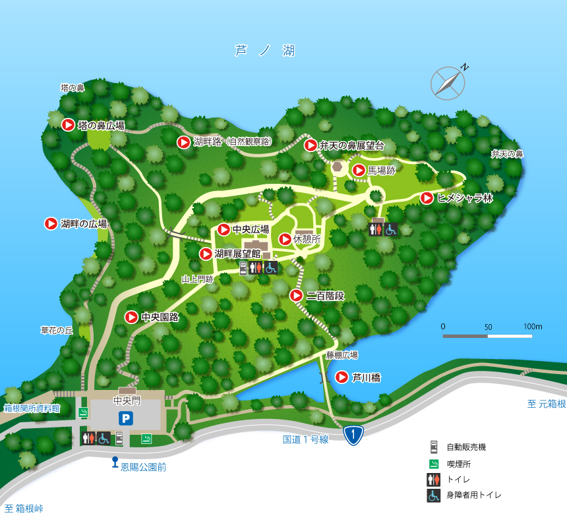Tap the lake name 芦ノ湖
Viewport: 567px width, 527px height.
coord(264,51)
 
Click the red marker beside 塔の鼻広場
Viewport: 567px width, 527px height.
coord(68,125)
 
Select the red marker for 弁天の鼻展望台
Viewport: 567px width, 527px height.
coord(311,145)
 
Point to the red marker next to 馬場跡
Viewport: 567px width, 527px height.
coord(359,170)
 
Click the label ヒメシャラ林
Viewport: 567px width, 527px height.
coord(465,198)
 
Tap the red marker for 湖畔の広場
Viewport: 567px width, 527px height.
coord(51,223)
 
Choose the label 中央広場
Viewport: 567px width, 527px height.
coord(251,230)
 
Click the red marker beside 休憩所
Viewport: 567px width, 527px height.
coord(285,239)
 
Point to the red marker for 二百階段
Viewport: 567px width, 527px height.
coord(297,296)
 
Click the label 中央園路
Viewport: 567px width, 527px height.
coord(160,317)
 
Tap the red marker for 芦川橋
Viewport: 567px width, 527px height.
coord(342,377)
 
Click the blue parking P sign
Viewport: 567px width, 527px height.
coord(125,417)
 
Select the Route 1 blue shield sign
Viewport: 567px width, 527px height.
coord(353,434)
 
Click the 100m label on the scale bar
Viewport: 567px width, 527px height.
coord(533,327)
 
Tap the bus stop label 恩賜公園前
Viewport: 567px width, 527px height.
coord(143,466)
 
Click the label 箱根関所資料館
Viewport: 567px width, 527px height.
coord(32,408)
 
